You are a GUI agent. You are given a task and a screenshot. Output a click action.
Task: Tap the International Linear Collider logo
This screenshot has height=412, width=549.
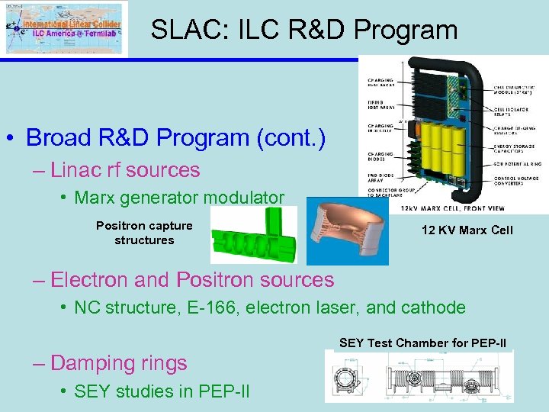tap(64, 28)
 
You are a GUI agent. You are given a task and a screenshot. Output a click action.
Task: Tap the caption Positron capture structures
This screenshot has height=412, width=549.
tap(144, 233)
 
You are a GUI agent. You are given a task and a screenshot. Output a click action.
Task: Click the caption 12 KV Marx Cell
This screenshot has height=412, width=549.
tap(467, 230)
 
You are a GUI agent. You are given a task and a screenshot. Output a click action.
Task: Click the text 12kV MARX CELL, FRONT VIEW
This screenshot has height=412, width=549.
tap(454, 208)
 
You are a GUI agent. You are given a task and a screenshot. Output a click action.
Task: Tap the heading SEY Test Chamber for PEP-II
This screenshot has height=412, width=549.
tap(422, 343)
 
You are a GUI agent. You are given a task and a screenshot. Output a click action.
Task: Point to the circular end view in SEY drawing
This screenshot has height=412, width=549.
tap(348, 378)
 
